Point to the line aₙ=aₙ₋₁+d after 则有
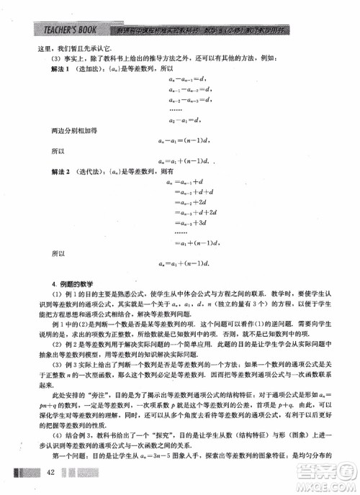point(186,183)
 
